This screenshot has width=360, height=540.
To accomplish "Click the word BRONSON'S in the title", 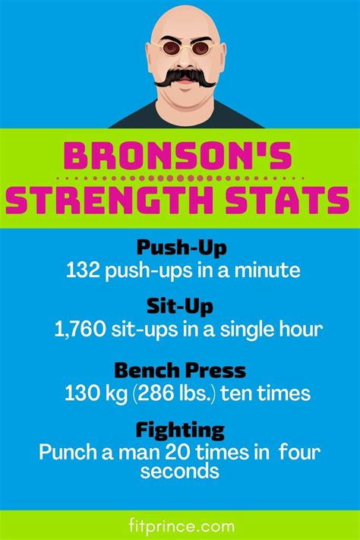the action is coord(178,156).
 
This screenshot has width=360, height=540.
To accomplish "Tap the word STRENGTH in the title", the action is coord(109,200).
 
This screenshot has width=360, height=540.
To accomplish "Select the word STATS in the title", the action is coord(288,200).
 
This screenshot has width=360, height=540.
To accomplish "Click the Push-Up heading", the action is coord(182,248).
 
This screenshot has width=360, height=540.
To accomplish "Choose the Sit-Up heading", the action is coord(180,306).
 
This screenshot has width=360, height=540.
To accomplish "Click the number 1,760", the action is coord(80,330).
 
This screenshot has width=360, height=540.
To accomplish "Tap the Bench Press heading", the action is coord(180,371).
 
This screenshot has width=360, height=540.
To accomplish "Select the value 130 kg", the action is coord(96,393).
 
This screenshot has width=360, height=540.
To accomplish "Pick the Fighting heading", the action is coord(180,431).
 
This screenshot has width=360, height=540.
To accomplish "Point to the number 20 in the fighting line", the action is coord(176,452).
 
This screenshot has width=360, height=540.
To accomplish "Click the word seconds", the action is coord(180,470).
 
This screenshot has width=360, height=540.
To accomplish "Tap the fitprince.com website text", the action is coord(182,526).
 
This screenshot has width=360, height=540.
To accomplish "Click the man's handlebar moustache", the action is coord(185,77).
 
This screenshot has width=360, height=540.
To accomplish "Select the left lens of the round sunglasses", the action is coord(171,48).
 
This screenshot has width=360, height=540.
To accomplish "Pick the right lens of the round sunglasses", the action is coord(201,48).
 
